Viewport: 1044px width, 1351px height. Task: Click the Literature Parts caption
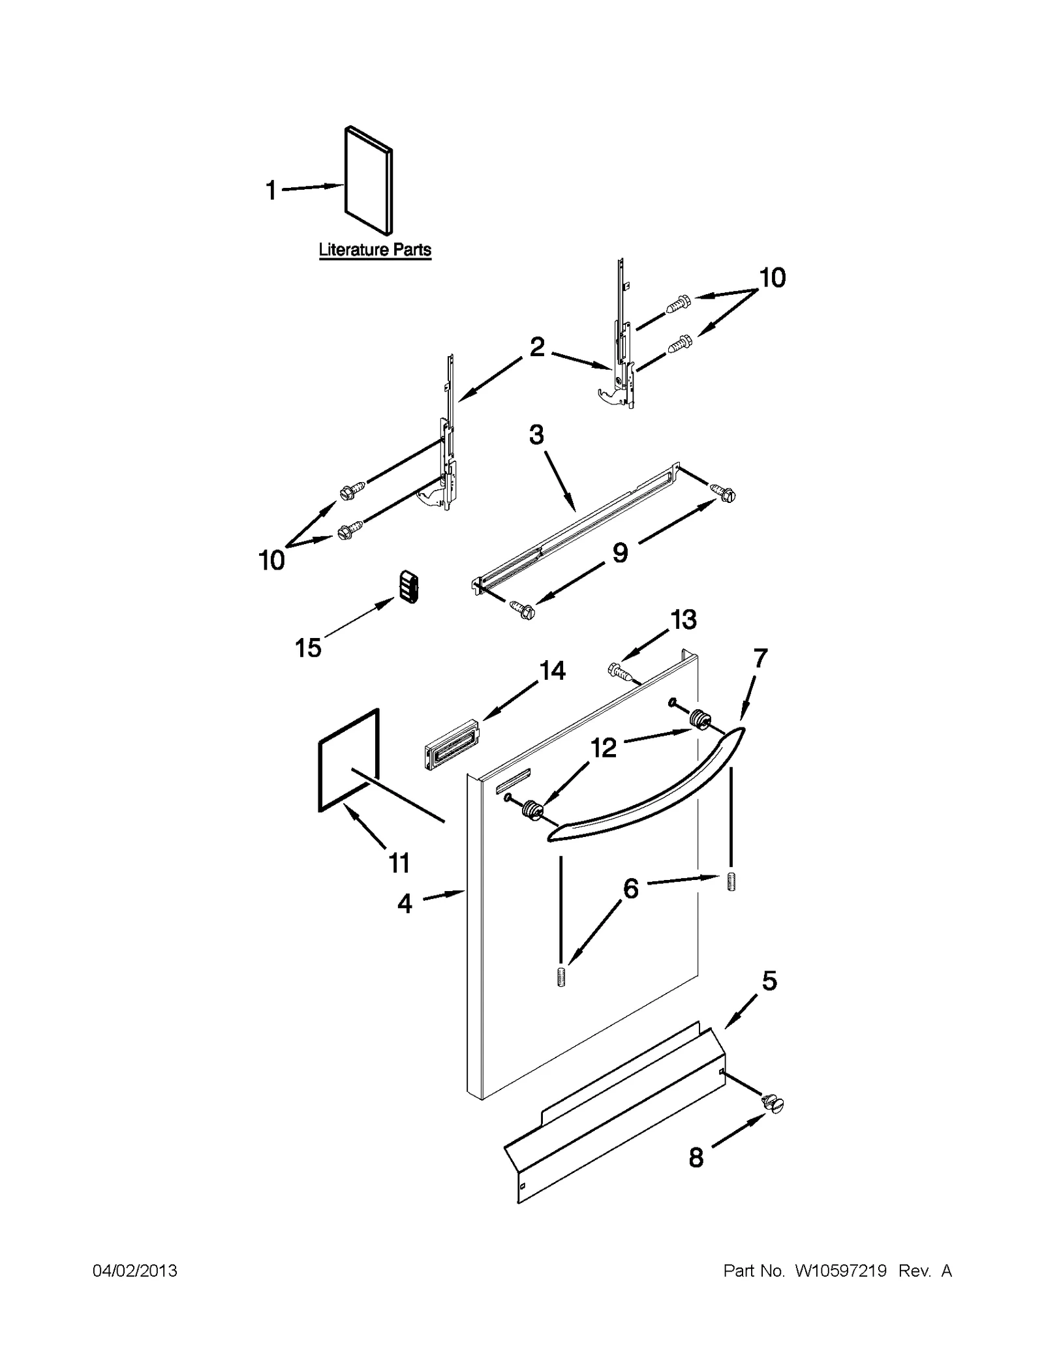click(375, 250)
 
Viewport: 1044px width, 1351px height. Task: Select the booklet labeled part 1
click(369, 179)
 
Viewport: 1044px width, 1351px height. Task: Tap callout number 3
click(536, 434)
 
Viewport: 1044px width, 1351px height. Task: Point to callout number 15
click(308, 648)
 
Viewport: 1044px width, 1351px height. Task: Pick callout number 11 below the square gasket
click(399, 862)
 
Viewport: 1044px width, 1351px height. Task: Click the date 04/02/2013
click(135, 1271)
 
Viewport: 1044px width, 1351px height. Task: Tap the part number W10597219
click(840, 1271)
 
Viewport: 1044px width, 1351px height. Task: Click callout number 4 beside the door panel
click(405, 903)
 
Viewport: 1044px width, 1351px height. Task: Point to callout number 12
click(604, 748)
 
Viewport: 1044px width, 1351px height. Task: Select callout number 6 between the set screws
click(630, 888)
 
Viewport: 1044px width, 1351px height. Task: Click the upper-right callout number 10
click(772, 279)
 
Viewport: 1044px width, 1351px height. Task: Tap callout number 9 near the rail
click(620, 553)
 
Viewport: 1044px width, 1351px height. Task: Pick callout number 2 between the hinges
click(536, 348)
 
